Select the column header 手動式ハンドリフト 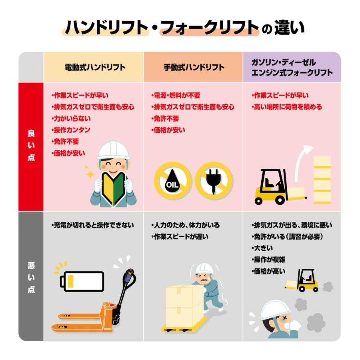pos(194,68)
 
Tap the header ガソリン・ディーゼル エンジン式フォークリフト pos(292,68)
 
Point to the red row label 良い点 pos(31,146)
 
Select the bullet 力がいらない pos(71,118)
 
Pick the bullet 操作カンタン pos(71,130)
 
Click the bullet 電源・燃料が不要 pos(176,96)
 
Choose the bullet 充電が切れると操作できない pos(93,225)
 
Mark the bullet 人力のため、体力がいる pos(186,225)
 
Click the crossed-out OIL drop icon pos(173,180)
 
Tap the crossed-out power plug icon pos(213,180)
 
